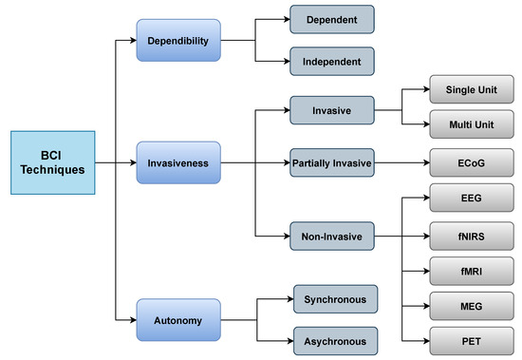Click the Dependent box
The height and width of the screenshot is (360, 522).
[332, 18]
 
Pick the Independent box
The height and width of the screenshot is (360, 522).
[332, 63]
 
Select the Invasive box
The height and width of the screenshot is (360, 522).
[332, 111]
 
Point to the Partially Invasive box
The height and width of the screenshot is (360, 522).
[332, 162]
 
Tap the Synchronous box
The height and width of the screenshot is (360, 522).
[336, 298]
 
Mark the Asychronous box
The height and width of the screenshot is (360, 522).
[336, 341]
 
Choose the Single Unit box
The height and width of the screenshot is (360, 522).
[471, 89]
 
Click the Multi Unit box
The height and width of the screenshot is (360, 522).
[471, 124]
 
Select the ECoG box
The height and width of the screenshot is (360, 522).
[471, 162]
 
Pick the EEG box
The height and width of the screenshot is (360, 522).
[471, 200]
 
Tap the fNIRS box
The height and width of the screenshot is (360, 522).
[471, 236]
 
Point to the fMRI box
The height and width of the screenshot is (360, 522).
[471, 271]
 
